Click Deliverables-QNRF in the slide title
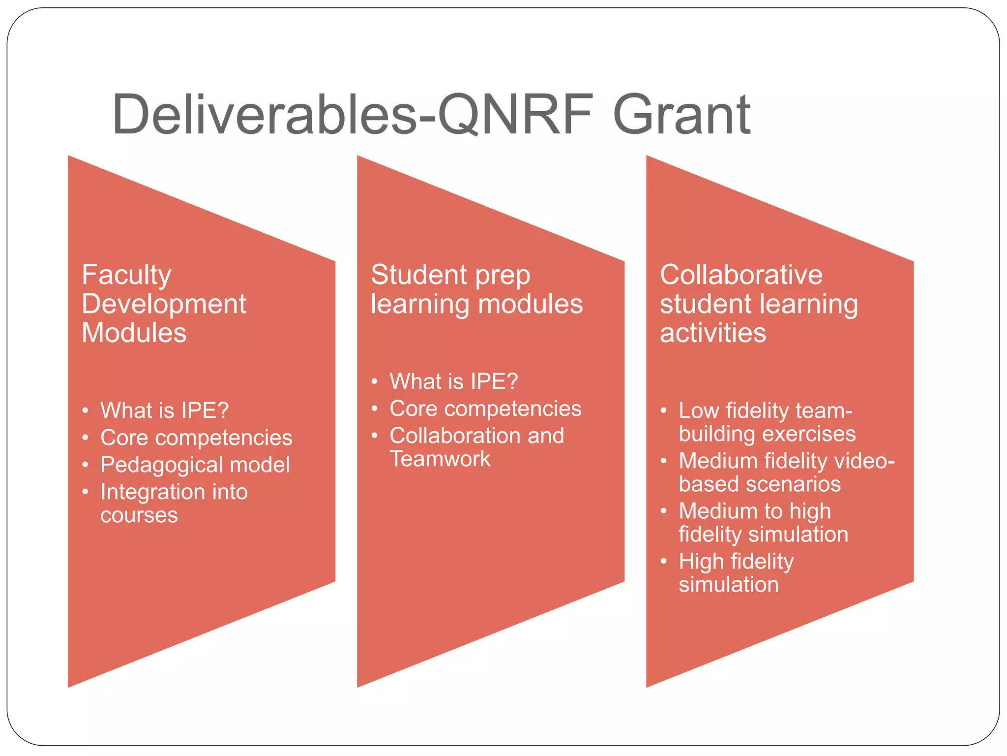(352, 115)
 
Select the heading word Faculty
(126, 275)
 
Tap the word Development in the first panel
(164, 304)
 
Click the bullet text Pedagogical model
(195, 465)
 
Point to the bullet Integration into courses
(174, 503)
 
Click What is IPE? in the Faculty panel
(165, 410)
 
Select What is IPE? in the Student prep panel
(454, 381)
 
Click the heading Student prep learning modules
(476, 289)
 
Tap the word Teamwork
(440, 459)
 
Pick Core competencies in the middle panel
(485, 409)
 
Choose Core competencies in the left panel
(196, 438)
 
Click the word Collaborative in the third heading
(741, 275)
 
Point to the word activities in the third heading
(713, 333)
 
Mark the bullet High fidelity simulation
(736, 572)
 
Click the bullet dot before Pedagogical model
(86, 465)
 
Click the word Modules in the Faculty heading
(134, 333)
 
